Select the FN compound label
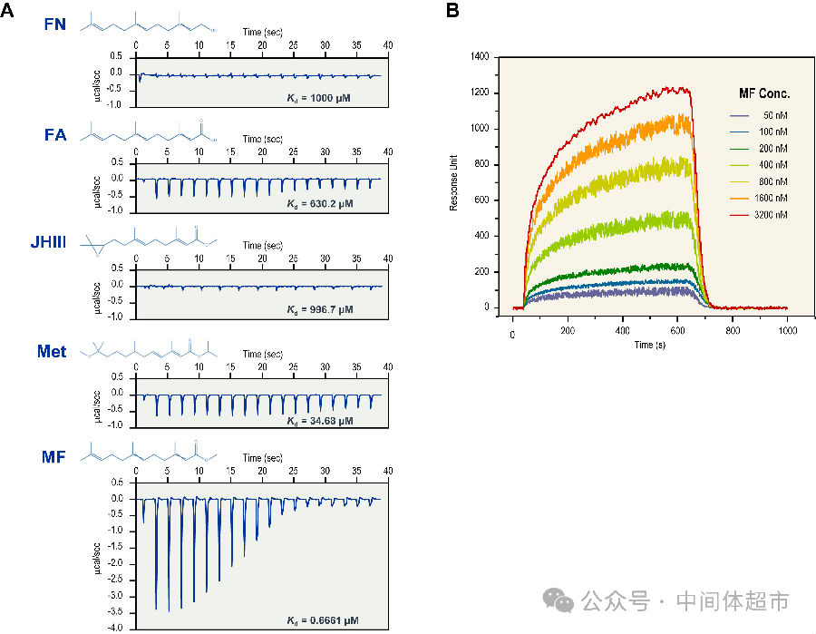pos(55,24)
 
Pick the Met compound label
pos(51,350)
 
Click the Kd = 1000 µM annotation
pos(319,96)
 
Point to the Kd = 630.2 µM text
pos(319,204)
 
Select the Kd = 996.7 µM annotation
pos(319,309)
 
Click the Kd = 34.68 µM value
pos(319,422)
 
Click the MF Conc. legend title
pos(764,93)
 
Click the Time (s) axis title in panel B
pos(649,346)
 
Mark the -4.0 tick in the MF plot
pos(115,628)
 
